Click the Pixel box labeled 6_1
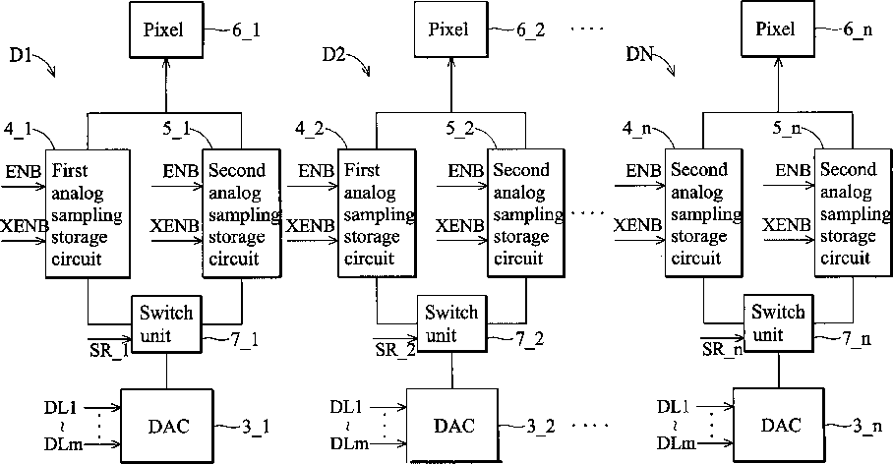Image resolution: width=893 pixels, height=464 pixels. [166, 29]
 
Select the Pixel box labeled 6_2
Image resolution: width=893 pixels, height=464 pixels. [451, 29]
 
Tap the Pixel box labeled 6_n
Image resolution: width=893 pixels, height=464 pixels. [778, 29]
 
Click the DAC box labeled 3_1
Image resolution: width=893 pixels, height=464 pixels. [167, 426]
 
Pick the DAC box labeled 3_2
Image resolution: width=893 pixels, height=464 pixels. [452, 426]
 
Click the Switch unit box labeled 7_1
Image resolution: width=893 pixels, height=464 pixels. [166, 324]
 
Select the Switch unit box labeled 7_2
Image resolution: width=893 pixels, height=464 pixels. [451, 324]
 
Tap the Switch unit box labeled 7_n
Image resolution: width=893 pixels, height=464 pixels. [779, 323]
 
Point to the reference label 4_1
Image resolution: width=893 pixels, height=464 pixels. [19, 129]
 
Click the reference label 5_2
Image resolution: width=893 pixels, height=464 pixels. [459, 129]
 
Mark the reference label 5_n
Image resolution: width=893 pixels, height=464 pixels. [787, 129]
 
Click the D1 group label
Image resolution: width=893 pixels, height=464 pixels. [21, 55]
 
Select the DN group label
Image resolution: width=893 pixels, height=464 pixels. [638, 55]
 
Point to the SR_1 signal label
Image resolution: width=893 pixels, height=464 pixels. [109, 350]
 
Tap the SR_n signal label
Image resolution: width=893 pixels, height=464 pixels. [722, 349]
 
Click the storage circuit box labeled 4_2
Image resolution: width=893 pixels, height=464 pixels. [377, 213]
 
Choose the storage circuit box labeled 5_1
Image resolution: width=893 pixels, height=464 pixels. [242, 213]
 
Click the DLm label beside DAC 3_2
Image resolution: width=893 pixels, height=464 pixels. [349, 444]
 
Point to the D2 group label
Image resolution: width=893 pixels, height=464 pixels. [333, 55]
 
